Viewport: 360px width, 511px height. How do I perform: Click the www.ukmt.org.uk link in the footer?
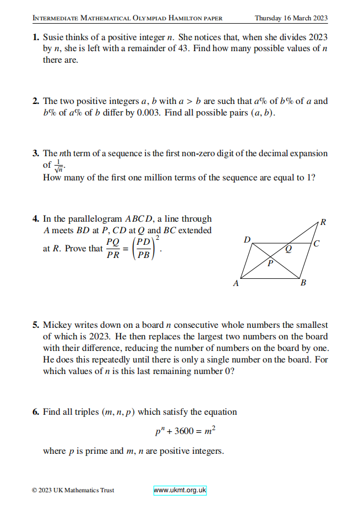[x=179, y=490]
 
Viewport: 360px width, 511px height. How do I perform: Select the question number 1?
[x=35, y=37]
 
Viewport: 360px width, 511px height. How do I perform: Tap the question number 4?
[x=35, y=219]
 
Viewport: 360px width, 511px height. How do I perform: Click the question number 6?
[x=35, y=412]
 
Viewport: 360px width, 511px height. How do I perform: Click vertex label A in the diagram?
[x=236, y=284]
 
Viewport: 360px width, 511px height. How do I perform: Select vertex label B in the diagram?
[x=303, y=284]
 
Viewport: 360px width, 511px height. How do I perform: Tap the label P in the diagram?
[x=270, y=263]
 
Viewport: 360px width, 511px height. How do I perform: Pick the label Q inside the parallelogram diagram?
[x=288, y=249]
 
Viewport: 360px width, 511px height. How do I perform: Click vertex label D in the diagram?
[x=247, y=240]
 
